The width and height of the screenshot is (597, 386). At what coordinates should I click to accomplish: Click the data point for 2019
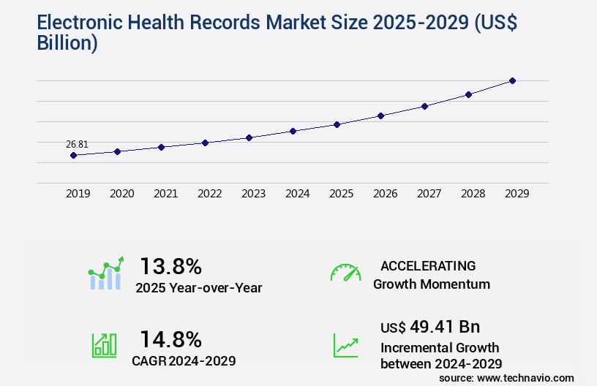[73, 155]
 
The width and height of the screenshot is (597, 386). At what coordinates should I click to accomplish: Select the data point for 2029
[512, 80]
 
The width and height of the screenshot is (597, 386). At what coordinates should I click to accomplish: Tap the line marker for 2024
[293, 131]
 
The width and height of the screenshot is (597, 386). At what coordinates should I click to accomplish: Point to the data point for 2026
[380, 116]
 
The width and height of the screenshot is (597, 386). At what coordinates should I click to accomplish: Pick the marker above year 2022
[205, 143]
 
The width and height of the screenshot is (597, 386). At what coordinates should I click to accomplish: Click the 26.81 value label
[77, 144]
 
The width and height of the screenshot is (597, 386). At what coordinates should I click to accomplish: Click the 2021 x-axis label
[165, 194]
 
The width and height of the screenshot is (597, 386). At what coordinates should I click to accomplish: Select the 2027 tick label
[429, 194]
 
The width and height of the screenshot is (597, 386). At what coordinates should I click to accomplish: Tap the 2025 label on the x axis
[341, 194]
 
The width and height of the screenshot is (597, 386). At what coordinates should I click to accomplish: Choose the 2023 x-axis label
[253, 194]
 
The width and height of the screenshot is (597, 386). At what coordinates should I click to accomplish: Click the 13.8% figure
[170, 265]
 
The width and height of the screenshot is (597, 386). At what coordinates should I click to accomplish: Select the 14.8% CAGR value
[170, 338]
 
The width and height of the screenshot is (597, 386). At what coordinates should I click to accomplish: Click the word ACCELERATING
[428, 265]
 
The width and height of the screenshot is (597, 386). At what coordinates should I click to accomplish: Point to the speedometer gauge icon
[345, 272]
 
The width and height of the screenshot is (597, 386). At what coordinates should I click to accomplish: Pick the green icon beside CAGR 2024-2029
[104, 345]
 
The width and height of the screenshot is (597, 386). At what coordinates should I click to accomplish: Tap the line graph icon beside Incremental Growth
[345, 345]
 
